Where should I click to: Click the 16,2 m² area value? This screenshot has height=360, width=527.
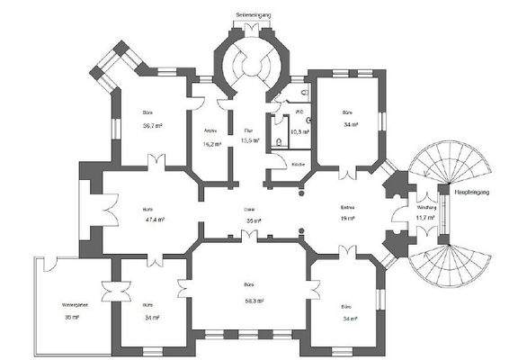pyautogui.click(x=211, y=143)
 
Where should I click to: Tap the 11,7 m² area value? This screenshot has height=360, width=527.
pyautogui.click(x=424, y=218)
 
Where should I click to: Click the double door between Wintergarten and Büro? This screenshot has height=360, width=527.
pyautogui.click(x=111, y=293)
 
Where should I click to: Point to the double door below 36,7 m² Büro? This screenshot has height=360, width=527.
pyautogui.click(x=156, y=162)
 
